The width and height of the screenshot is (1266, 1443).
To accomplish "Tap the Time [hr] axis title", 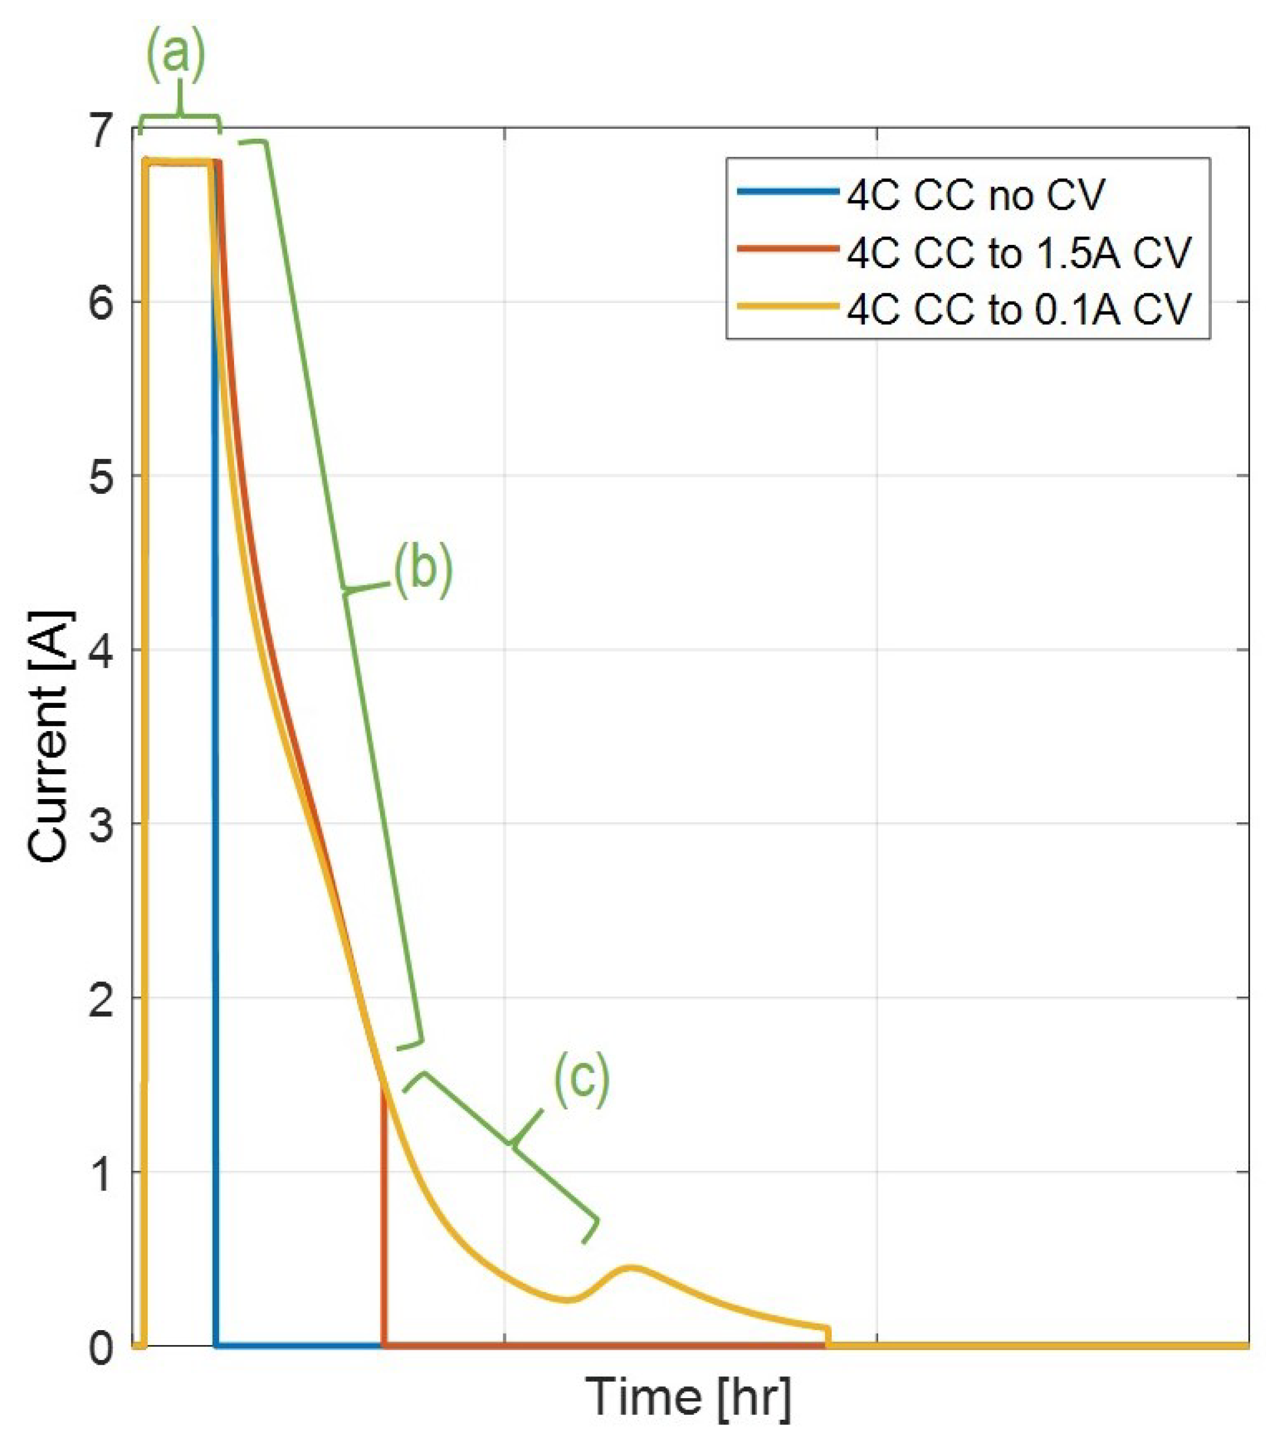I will [x=688, y=1397].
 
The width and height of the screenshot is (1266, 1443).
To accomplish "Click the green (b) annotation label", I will [x=422, y=569].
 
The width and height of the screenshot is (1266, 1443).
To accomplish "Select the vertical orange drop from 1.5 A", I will [x=383, y=1214].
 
